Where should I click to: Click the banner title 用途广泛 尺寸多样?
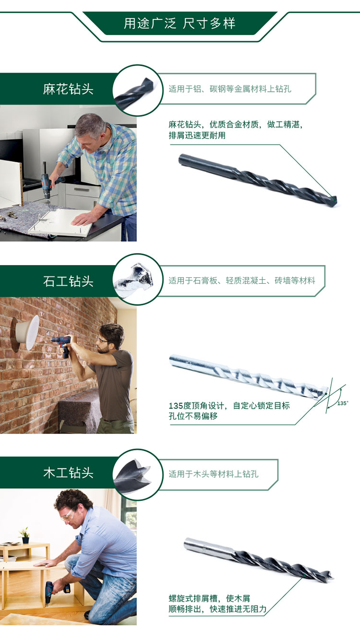click(x=180, y=24)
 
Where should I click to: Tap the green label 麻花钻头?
click(x=68, y=89)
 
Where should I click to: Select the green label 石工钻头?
click(x=68, y=281)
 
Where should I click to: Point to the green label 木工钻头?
click(x=68, y=473)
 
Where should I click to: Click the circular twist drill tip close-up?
click(x=138, y=90)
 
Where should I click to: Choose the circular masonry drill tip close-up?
click(x=138, y=279)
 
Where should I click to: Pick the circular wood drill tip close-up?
click(x=138, y=474)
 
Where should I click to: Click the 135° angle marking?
click(x=343, y=403)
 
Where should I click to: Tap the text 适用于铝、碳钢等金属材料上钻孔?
click(x=230, y=89)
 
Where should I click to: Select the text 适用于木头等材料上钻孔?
click(x=214, y=474)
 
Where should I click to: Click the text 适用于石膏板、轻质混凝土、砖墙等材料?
click(x=242, y=280)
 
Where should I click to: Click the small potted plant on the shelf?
click(x=24, y=535)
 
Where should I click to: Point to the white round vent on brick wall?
click(x=29, y=332)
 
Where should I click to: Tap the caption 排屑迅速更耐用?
click(x=197, y=135)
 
